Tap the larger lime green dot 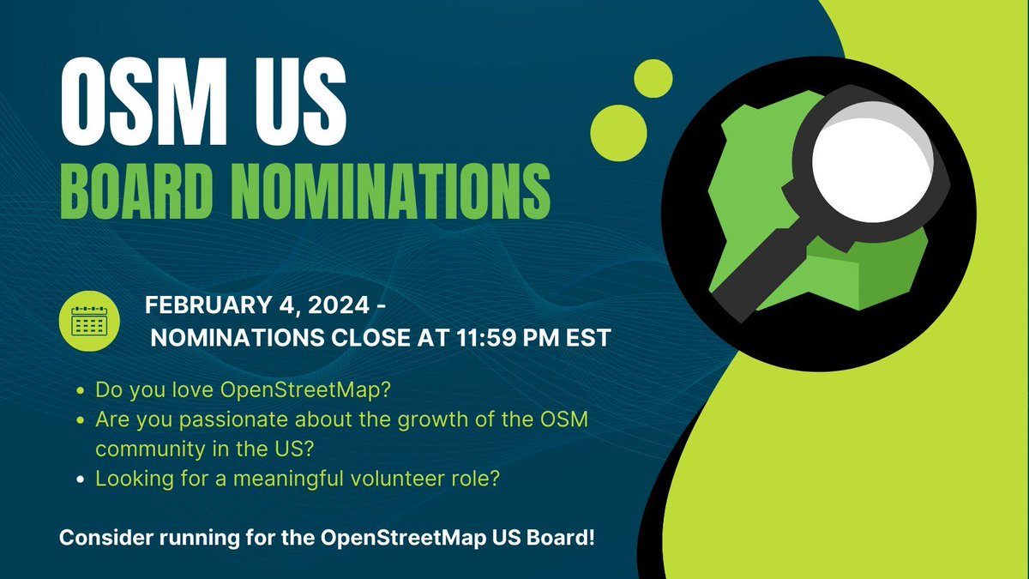point(619,129)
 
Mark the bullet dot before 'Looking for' point(80,479)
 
